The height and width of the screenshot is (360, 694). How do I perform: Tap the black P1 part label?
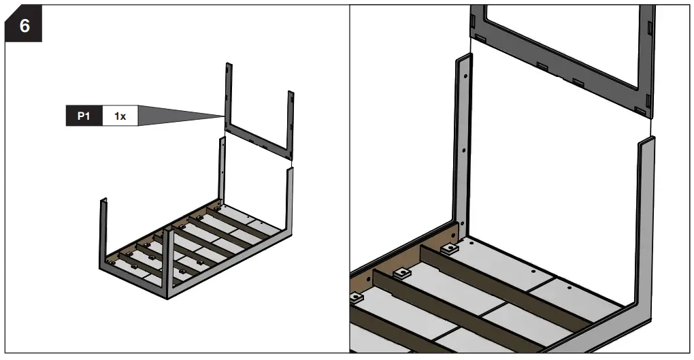83,116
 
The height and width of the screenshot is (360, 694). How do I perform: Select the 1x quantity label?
120,116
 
